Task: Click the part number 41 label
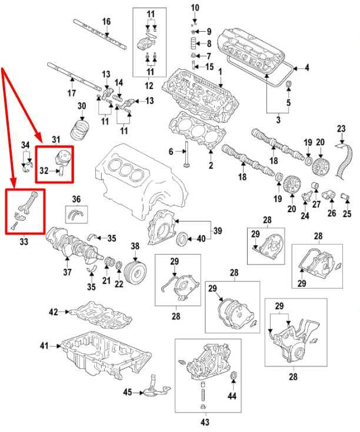click(44, 346)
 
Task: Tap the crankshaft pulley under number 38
click(136, 273)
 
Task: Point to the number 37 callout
click(67, 272)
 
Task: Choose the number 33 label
click(24, 242)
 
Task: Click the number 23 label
click(341, 128)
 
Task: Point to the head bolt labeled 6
click(186, 155)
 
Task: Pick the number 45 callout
click(127, 392)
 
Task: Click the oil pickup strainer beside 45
click(154, 386)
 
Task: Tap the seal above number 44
click(233, 376)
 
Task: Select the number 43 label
click(205, 421)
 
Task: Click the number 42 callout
click(54, 312)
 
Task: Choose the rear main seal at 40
click(182, 239)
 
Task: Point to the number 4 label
click(306, 68)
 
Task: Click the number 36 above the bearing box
click(76, 199)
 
